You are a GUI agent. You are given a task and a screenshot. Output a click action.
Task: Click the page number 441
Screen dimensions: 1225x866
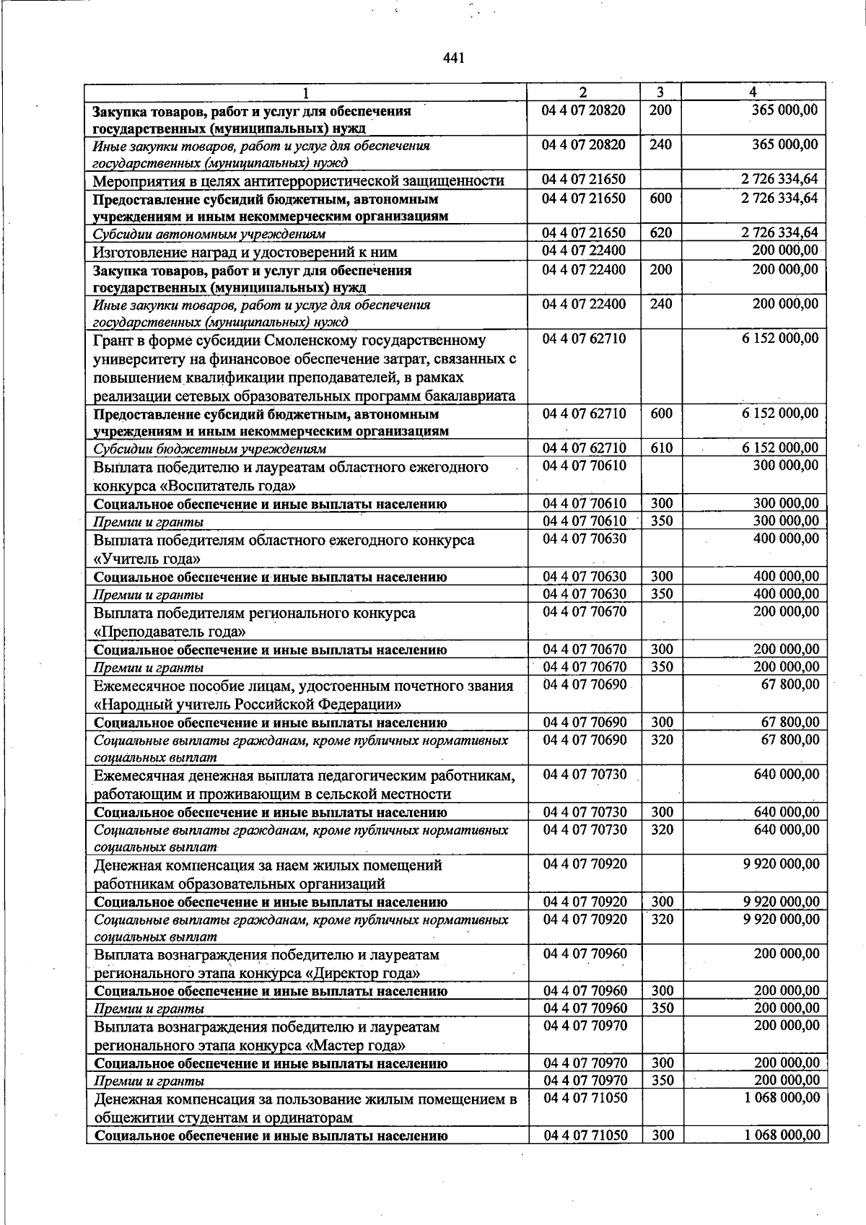tap(453, 58)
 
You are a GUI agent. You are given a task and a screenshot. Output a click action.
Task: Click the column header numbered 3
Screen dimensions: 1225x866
tap(660, 92)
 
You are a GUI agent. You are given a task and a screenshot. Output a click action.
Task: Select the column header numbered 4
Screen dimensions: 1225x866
tap(753, 92)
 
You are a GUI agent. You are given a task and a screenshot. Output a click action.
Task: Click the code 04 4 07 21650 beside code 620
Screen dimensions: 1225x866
tap(584, 233)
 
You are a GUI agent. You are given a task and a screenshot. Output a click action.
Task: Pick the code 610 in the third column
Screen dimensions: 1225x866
tap(660, 448)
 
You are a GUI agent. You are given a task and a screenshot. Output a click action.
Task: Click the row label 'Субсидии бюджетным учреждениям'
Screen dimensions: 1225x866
tap(209, 449)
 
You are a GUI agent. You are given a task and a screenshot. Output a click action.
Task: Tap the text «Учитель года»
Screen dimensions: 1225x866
tap(147, 559)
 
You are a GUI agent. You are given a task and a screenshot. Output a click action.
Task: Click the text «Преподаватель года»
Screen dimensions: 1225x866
tap(170, 632)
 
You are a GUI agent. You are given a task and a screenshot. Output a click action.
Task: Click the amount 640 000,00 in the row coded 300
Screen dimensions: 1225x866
tap(786, 812)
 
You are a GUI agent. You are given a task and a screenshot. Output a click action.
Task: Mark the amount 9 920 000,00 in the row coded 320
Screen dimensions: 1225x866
tap(781, 919)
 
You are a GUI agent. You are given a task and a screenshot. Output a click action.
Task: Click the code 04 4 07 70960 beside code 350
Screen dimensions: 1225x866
tap(585, 1008)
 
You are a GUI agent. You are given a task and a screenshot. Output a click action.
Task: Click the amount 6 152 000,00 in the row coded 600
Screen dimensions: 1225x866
tap(780, 414)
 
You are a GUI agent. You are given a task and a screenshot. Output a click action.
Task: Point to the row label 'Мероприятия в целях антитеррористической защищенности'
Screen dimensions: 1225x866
tap(298, 180)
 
